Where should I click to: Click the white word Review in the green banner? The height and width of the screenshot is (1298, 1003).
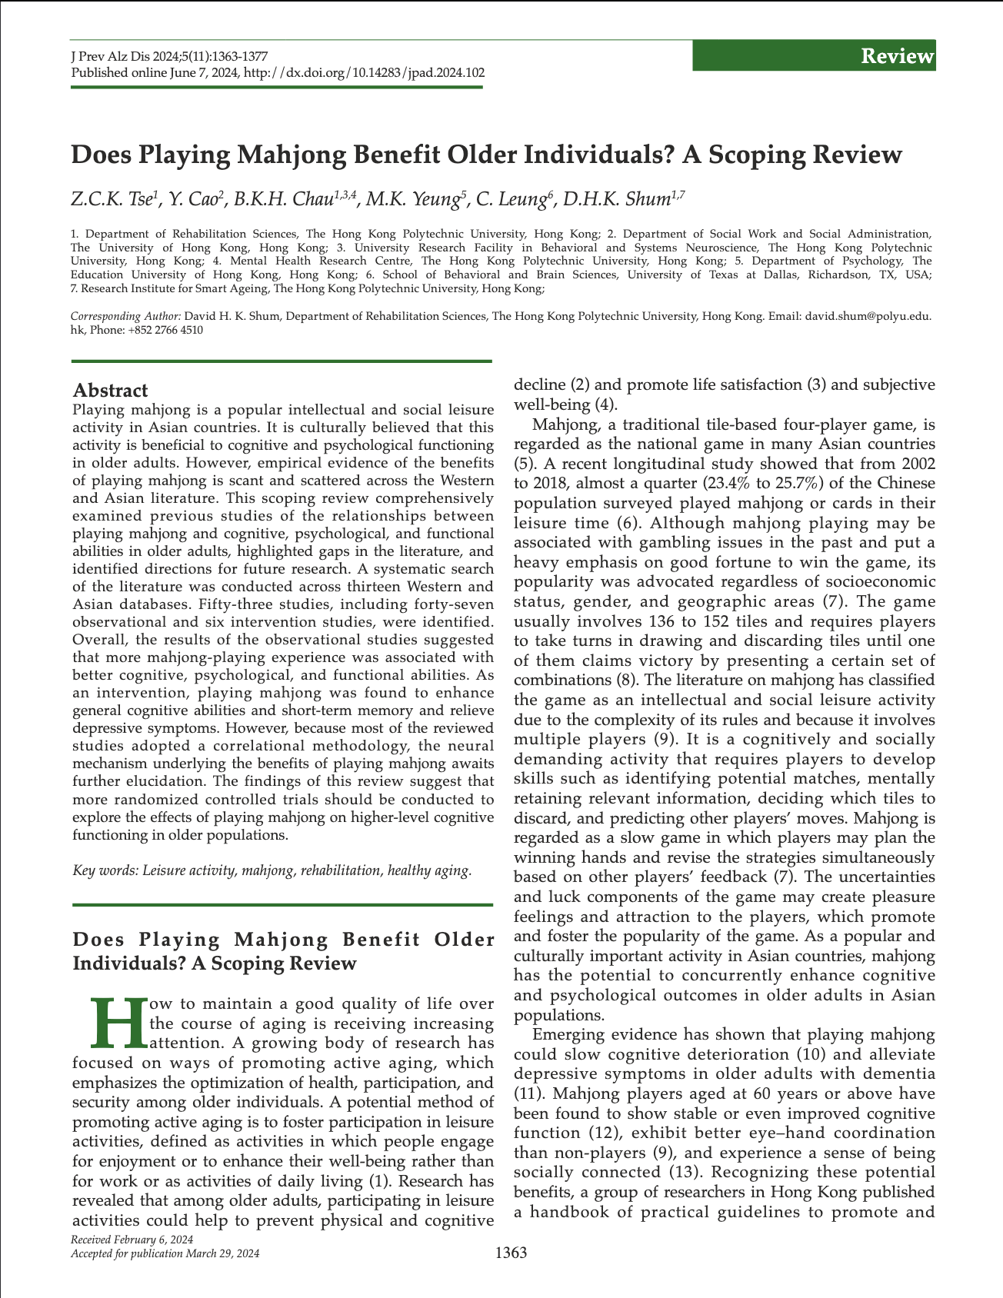pos(897,56)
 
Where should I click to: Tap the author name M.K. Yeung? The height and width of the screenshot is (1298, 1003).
pos(414,200)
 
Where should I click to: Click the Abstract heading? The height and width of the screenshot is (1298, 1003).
pos(110,391)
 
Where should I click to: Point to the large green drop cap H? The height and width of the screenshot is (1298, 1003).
pos(118,1023)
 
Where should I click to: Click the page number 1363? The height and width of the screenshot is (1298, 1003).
pos(511,1253)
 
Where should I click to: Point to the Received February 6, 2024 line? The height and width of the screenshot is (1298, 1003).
pos(132,1240)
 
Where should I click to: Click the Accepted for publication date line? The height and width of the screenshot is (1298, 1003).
pos(165,1253)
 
